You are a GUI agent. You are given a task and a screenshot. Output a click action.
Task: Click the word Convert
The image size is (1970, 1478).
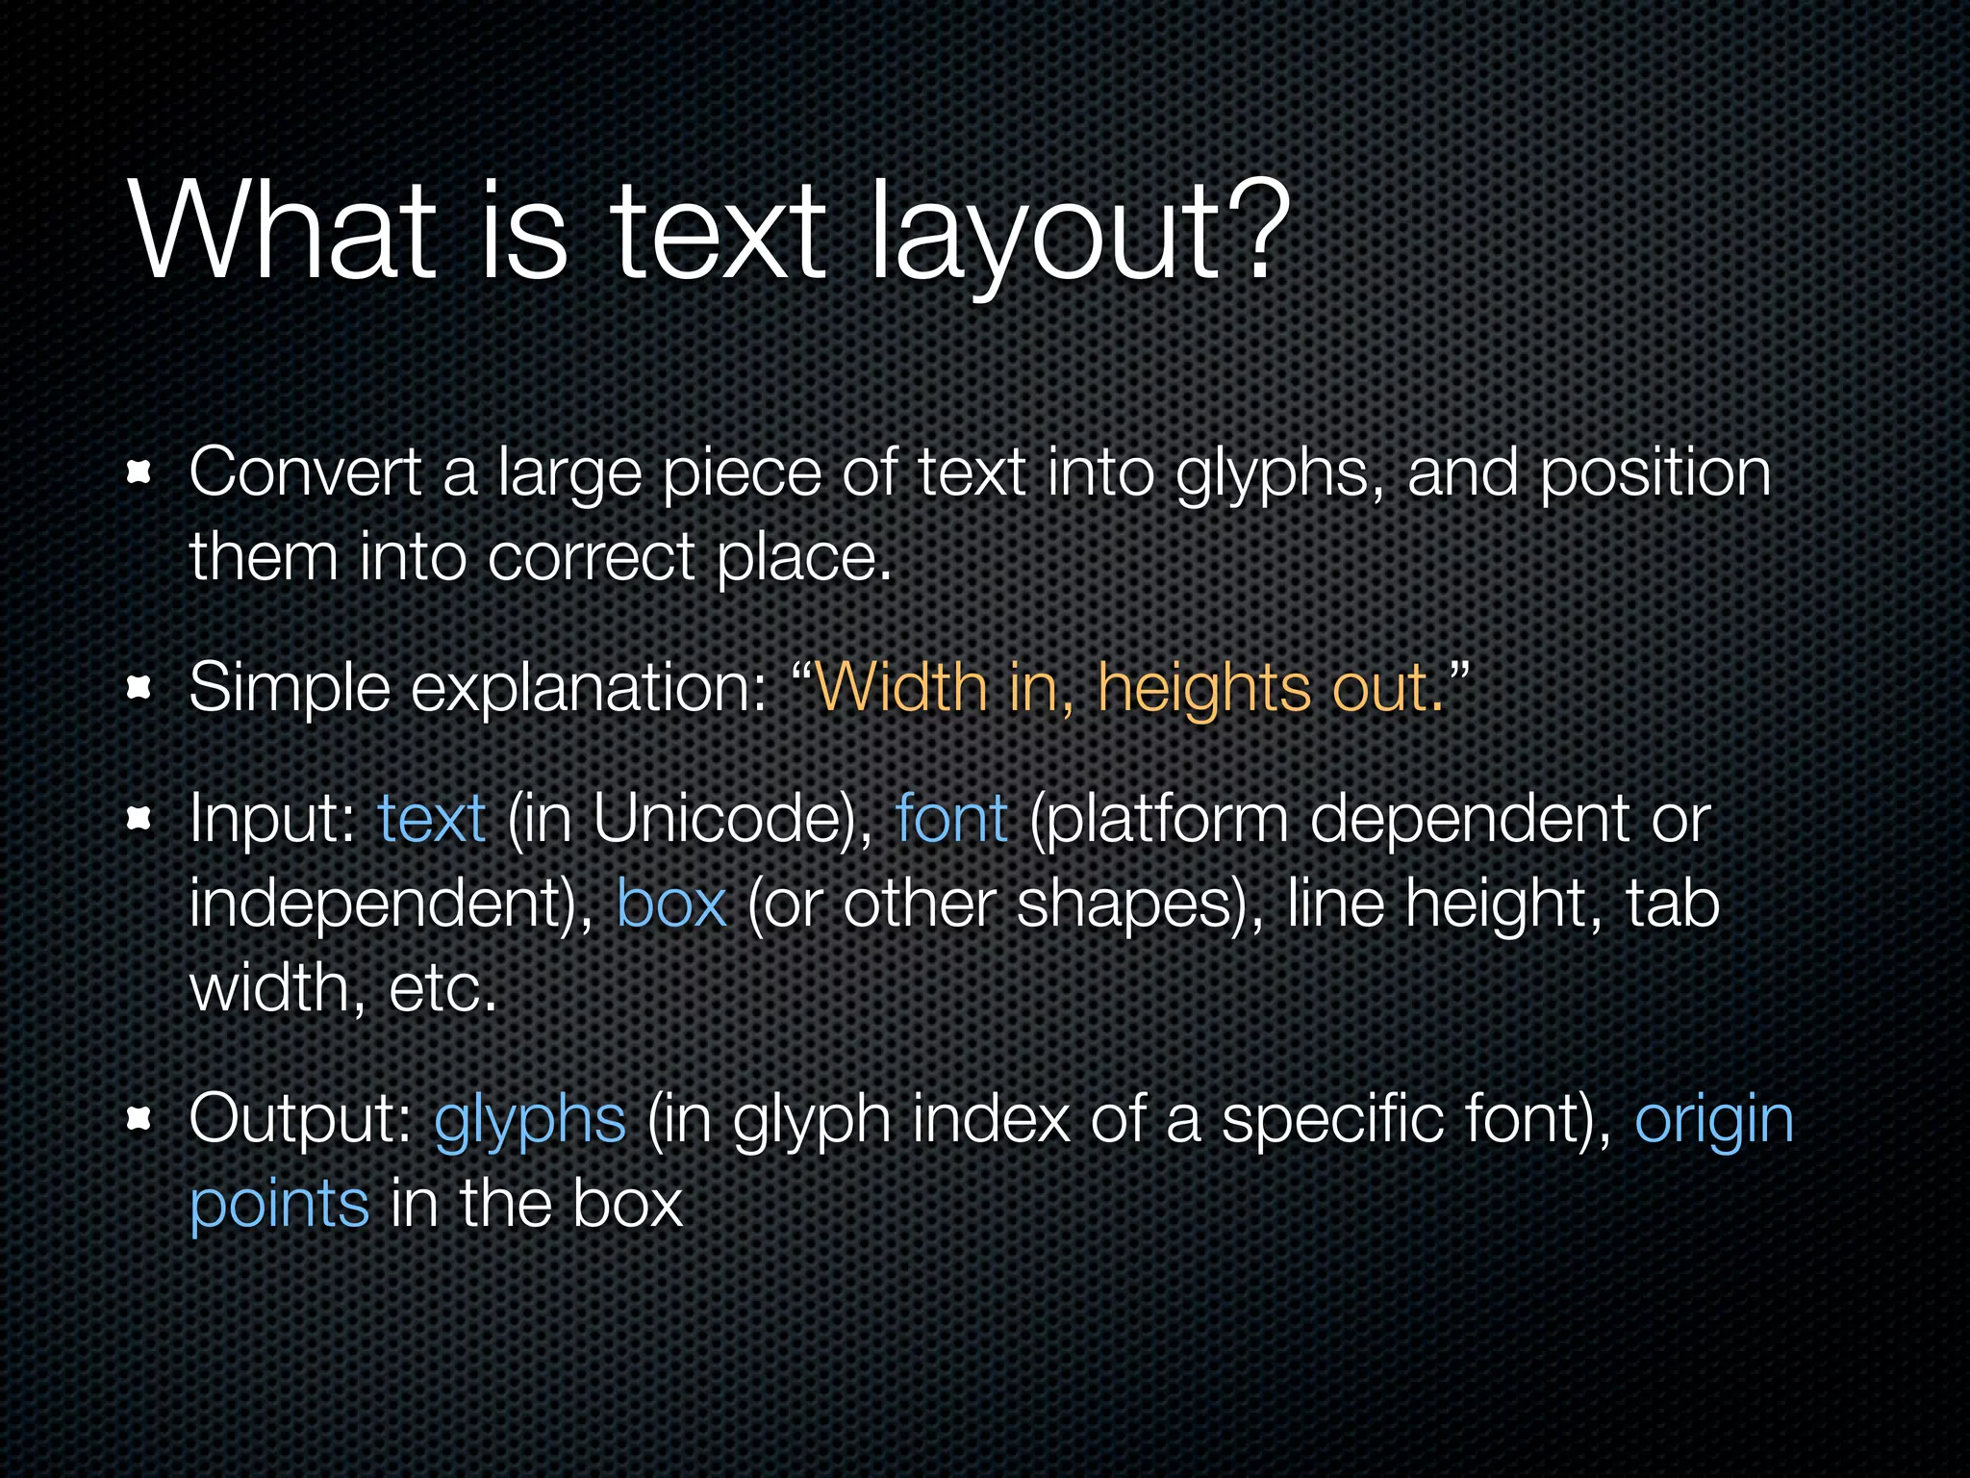tap(305, 473)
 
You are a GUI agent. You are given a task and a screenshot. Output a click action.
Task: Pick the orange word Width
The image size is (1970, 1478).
tap(901, 687)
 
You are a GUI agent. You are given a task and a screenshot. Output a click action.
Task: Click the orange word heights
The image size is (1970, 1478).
tap(1204, 689)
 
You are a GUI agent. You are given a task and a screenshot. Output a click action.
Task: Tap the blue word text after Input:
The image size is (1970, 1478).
tap(431, 819)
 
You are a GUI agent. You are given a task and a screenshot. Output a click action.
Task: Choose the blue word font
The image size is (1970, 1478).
tap(951, 819)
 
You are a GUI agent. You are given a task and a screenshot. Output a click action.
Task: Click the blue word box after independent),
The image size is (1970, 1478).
tap(671, 904)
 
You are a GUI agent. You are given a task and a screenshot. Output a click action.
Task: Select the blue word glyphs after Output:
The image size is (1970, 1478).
tap(530, 1121)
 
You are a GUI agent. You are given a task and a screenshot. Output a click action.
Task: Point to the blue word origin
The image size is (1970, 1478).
tap(1714, 1121)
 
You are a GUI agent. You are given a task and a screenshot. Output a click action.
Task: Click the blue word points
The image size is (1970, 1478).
tap(279, 1205)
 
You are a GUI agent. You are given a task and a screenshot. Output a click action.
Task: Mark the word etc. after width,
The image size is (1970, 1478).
tap(442, 988)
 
